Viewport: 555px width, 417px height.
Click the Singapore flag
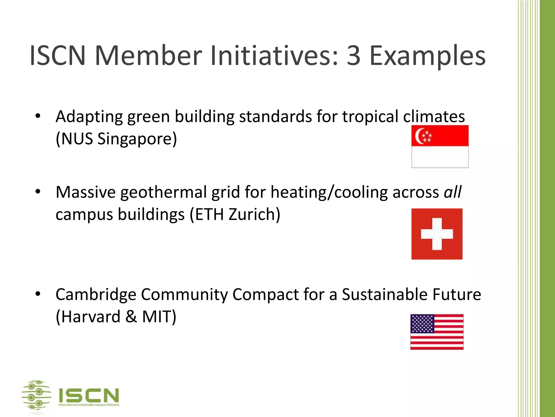tap(440, 146)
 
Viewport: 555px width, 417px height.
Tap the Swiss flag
tap(437, 234)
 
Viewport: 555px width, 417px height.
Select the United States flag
tap(437, 332)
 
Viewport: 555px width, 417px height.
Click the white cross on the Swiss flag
tap(437, 234)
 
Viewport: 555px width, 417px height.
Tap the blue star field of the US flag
tap(422, 324)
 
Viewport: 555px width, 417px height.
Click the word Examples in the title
tap(428, 56)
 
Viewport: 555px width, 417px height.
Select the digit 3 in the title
tap(353, 56)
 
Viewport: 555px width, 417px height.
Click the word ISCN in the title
tap(57, 56)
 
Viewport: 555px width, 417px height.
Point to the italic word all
tap(453, 192)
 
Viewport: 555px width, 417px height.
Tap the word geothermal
tap(164, 192)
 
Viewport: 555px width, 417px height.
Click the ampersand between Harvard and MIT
tap(131, 317)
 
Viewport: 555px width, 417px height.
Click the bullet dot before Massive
tap(38, 192)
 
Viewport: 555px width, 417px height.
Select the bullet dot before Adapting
tap(38, 116)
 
